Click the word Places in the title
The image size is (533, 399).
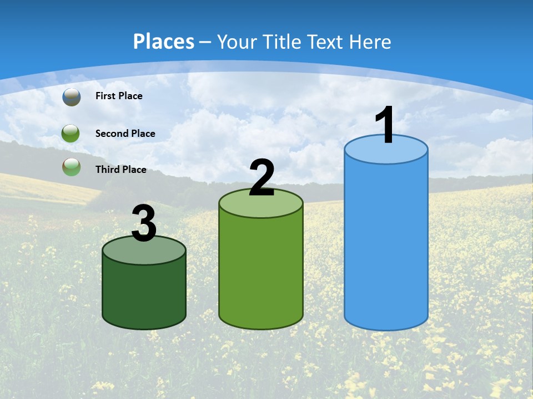tap(164, 42)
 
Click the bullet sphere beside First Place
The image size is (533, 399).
tap(72, 96)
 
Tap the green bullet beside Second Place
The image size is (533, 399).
tap(71, 134)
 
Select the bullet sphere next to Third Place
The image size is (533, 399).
tap(72, 167)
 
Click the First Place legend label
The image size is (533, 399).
tap(119, 96)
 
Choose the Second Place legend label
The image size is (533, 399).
tap(125, 134)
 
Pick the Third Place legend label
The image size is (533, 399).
tap(120, 170)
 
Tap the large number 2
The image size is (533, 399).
tap(262, 178)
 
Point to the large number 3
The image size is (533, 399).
tap(144, 223)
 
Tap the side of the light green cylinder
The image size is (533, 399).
tap(261, 272)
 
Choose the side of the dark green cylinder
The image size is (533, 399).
tap(144, 294)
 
